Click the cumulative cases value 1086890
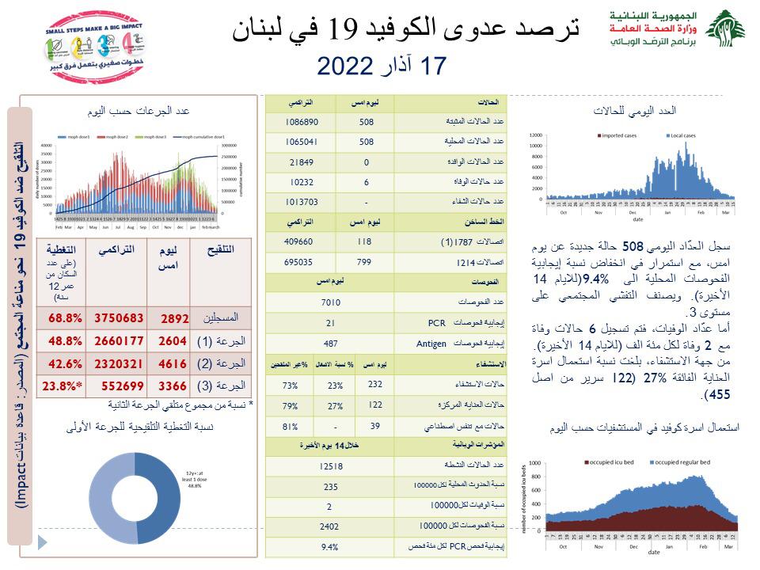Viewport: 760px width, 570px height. [x=302, y=122]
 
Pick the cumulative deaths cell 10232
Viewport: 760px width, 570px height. [x=302, y=181]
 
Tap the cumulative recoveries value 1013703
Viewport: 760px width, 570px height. [x=302, y=201]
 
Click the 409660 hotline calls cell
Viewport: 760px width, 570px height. [x=302, y=241]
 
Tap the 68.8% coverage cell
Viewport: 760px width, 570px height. [x=66, y=317]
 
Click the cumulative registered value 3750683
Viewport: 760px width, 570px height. [x=120, y=317]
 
